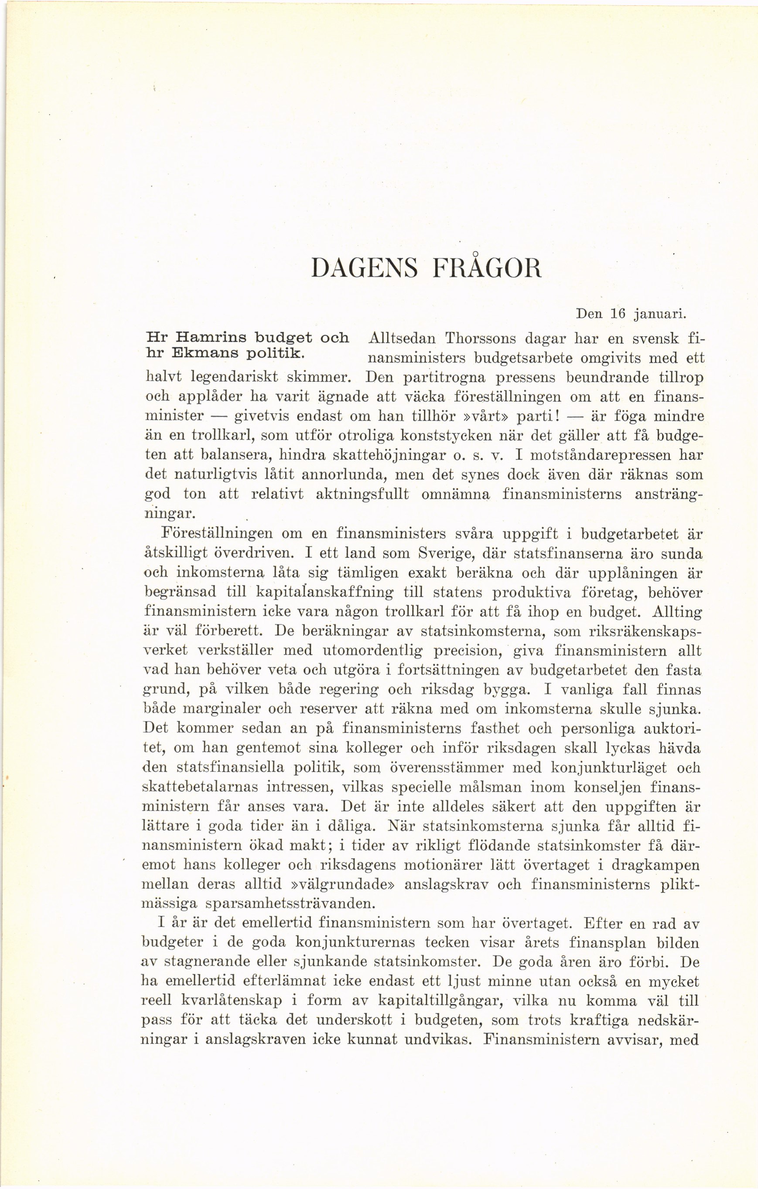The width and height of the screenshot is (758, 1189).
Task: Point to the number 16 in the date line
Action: click(x=618, y=314)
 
